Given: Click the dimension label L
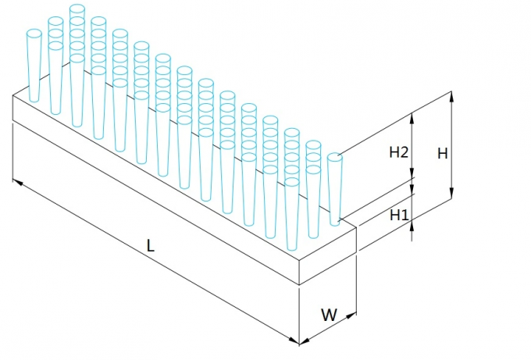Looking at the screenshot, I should [x=151, y=245].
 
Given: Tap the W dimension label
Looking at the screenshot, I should [x=330, y=315].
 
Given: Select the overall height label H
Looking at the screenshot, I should [x=442, y=154].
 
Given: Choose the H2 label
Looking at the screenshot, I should [x=399, y=153].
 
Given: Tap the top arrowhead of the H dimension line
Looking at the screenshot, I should [x=451, y=94].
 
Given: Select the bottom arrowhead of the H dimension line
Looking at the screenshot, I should [x=451, y=197].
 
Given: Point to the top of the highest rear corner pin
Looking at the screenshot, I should [x=77, y=9].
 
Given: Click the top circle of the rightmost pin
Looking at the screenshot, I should [x=334, y=157].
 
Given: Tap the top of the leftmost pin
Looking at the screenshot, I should [x=34, y=34].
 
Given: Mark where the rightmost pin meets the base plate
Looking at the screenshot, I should [x=336, y=223].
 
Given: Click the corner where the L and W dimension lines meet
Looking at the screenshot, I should [x=300, y=342].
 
